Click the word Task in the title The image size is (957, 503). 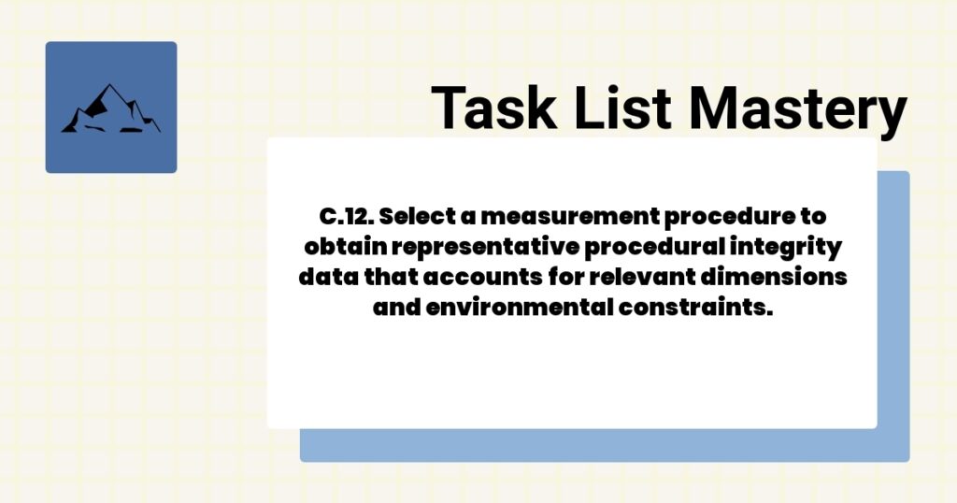pos(490,108)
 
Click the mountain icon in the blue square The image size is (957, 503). pos(110,108)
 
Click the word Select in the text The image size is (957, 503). pos(416,217)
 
